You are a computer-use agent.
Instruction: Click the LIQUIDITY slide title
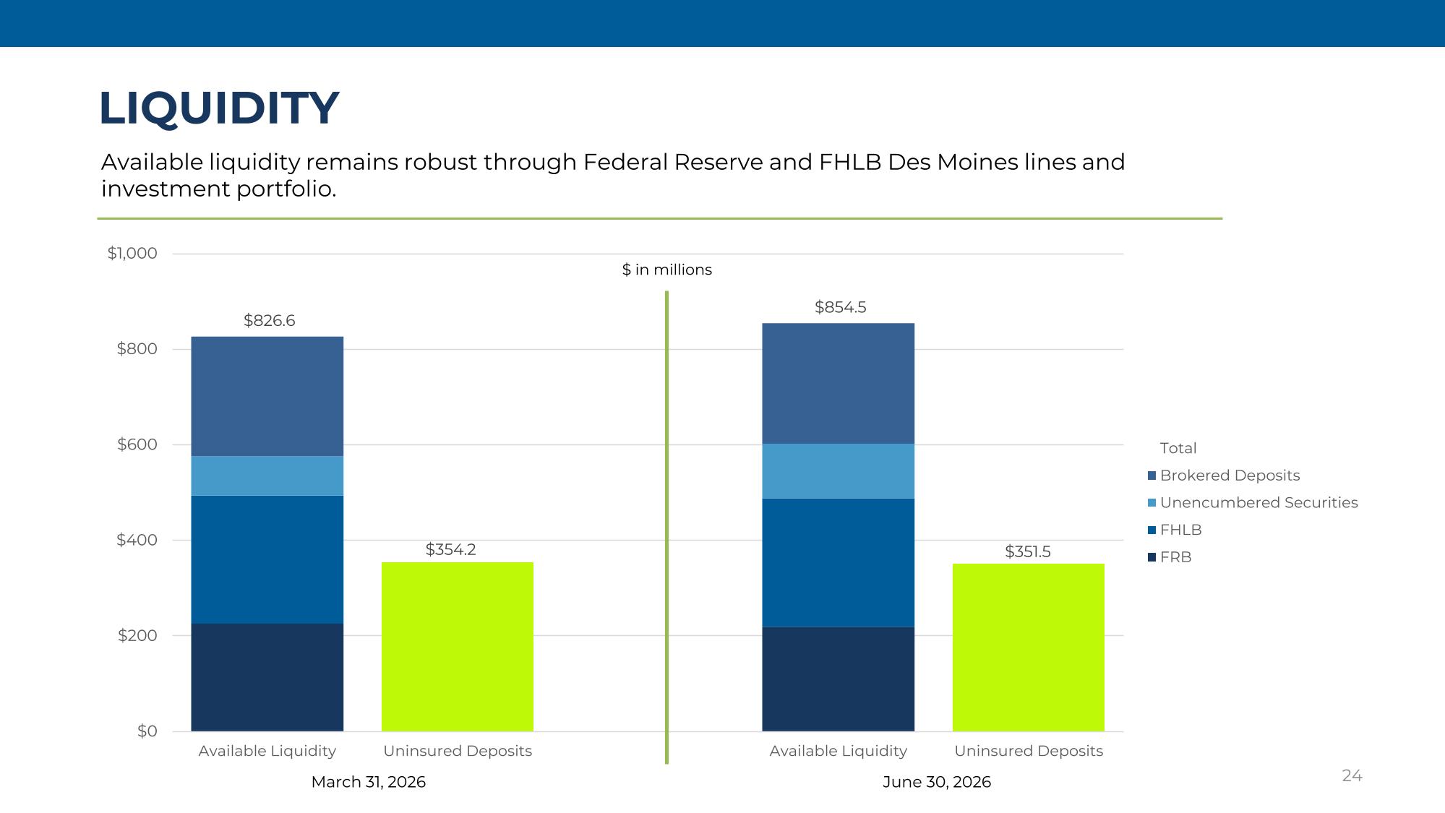point(218,108)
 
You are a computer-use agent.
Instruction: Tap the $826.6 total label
point(269,321)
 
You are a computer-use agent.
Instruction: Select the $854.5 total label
point(840,307)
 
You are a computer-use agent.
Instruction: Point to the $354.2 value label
point(450,549)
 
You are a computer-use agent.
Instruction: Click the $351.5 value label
point(1027,551)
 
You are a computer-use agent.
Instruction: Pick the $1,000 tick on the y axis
point(132,254)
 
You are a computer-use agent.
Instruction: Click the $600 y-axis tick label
point(137,444)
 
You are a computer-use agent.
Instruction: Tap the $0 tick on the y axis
point(147,731)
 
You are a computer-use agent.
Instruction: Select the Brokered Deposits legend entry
point(1223,476)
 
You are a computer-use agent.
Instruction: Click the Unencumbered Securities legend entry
point(1253,502)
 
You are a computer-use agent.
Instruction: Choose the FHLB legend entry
point(1175,530)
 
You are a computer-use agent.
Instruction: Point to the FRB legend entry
point(1170,557)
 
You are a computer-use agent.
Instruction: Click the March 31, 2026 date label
point(369,782)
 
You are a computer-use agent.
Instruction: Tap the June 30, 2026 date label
point(937,782)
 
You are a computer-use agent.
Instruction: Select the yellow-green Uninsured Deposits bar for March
point(458,647)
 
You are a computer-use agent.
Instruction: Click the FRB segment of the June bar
point(839,679)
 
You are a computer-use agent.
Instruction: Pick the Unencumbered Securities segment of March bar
point(267,476)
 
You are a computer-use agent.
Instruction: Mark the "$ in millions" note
point(667,270)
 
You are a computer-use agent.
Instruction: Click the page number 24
point(1352,775)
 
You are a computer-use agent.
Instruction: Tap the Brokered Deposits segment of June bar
point(839,383)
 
